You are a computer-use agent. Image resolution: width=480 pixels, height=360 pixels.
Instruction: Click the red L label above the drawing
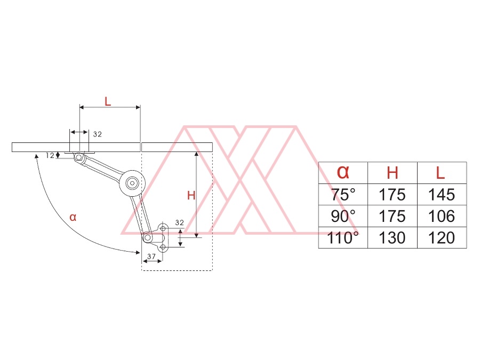(107, 101)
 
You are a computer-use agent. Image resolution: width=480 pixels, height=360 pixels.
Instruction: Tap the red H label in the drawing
(191, 195)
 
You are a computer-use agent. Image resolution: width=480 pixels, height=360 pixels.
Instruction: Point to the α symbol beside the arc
(73, 217)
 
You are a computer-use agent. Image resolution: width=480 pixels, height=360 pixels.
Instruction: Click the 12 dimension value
(50, 156)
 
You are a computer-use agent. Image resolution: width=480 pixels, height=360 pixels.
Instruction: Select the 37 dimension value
(151, 257)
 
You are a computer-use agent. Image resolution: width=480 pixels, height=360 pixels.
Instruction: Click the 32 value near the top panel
(98, 134)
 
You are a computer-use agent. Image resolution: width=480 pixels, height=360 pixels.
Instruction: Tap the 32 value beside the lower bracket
(180, 222)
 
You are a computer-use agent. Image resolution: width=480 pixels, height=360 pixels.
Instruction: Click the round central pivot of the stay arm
(132, 183)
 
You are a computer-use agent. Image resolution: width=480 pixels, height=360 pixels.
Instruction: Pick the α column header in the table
(343, 172)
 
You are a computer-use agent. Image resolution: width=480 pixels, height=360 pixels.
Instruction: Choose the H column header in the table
(393, 173)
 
